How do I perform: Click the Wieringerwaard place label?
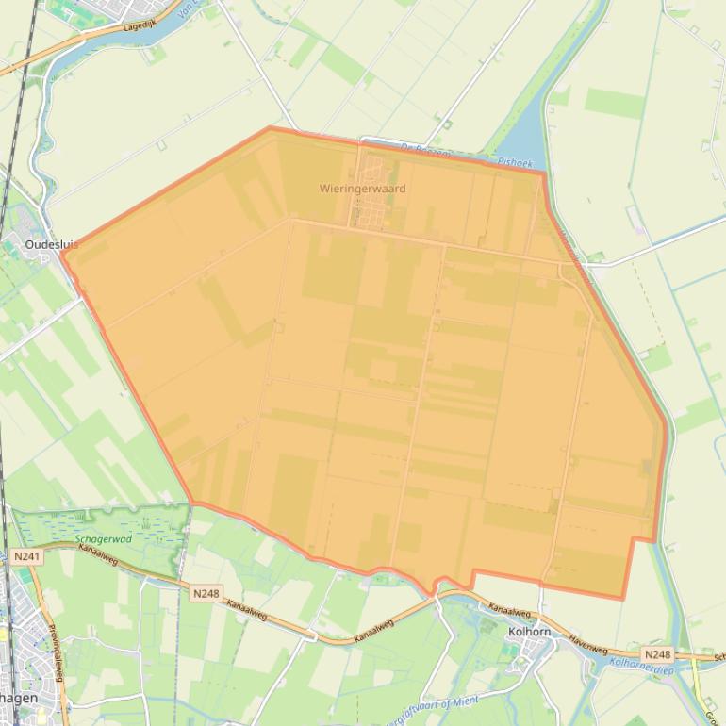(362, 189)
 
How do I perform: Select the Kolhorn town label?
(528, 632)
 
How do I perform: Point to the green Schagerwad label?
(103, 539)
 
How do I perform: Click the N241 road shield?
(27, 557)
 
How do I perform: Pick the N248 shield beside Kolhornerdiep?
(657, 654)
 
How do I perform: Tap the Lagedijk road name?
(139, 28)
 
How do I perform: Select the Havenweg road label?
(588, 643)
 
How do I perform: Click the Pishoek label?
(515, 162)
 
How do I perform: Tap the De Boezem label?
(425, 149)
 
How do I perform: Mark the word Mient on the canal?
(465, 701)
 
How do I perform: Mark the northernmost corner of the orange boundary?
(271, 127)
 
